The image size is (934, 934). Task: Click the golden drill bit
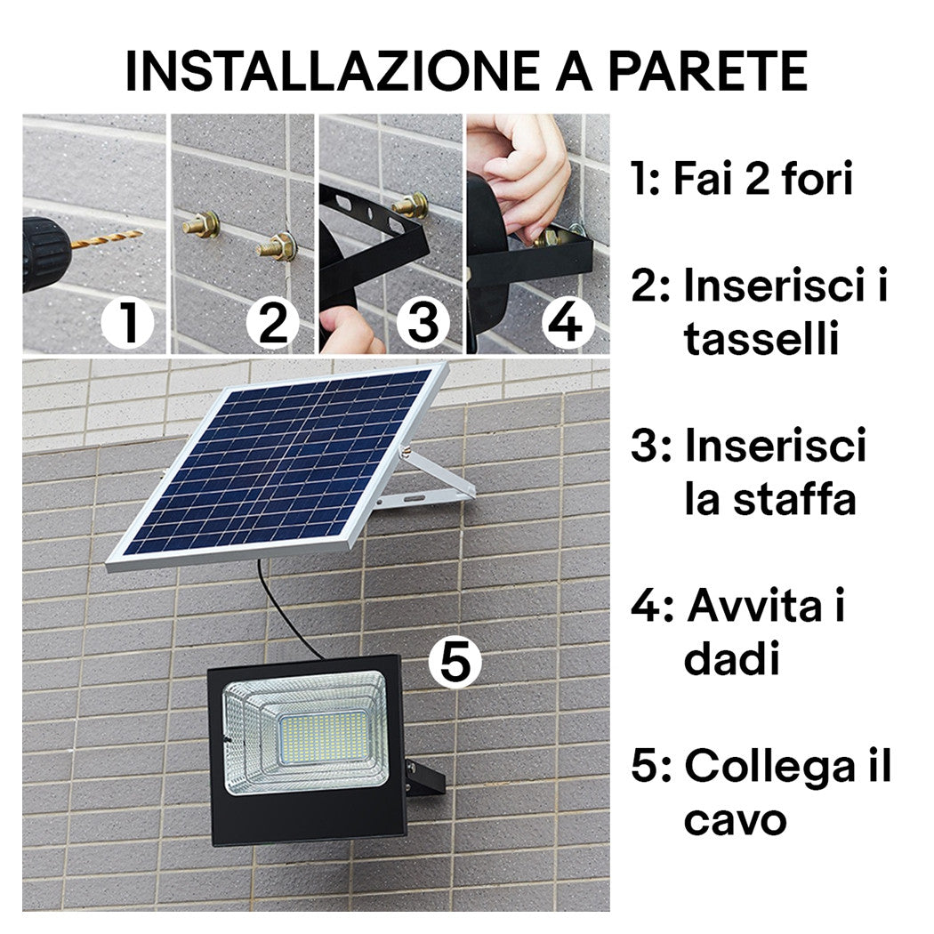107,239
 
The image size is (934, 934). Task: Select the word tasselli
761,340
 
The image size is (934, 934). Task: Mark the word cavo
735,820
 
